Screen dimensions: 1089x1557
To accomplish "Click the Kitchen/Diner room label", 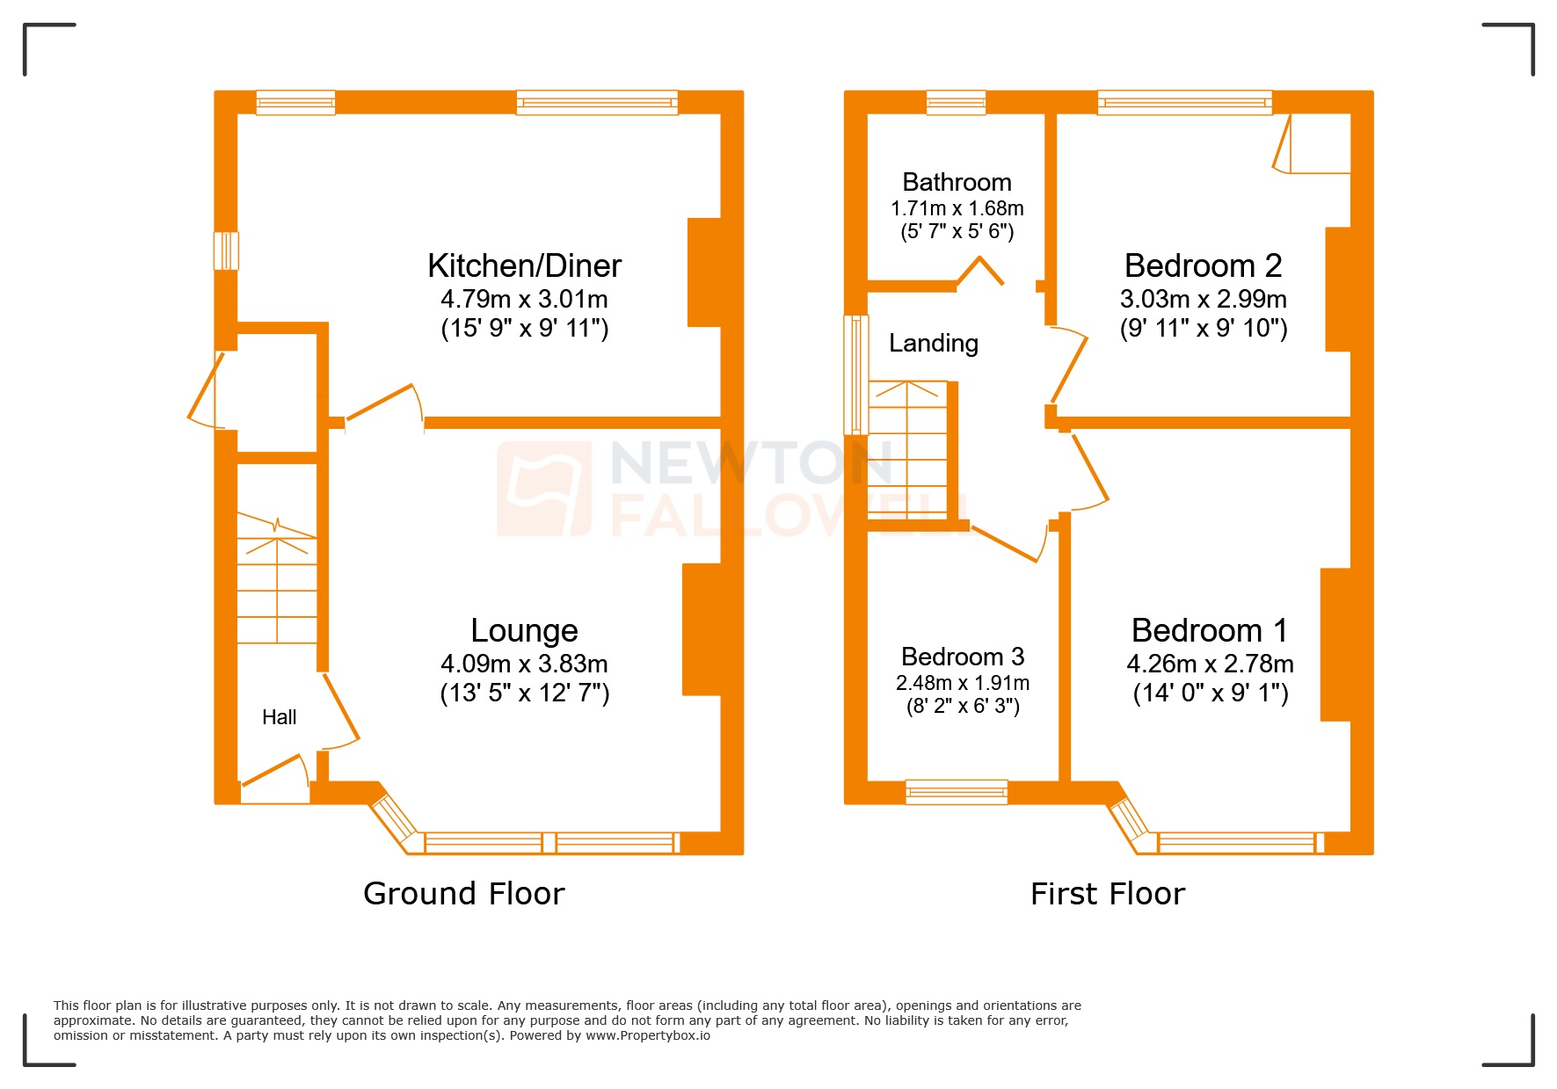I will (524, 265).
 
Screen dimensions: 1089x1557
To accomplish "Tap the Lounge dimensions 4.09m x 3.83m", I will (524, 664).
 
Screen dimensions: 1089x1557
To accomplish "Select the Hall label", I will (279, 717).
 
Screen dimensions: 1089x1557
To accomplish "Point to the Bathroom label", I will (957, 182).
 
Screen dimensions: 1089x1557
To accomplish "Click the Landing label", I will (933, 343).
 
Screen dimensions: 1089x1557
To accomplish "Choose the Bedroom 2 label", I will (1203, 265).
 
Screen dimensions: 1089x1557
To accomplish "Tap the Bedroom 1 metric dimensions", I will (1210, 664).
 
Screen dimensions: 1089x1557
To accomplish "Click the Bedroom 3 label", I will (963, 657).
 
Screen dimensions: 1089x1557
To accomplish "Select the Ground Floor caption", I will (463, 894).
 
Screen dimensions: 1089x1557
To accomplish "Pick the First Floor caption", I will (1108, 894).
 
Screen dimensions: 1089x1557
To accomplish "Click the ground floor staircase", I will (277, 580).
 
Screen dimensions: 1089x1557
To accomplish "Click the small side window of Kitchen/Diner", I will (226, 250).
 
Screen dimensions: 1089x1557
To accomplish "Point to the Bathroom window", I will (956, 103).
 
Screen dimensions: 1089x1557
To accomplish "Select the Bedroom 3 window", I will (957, 792).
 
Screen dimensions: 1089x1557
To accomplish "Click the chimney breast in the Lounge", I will (702, 629).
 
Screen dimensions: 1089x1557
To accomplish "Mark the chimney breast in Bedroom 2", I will (1337, 289).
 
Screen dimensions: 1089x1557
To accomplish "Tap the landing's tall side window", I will (855, 375).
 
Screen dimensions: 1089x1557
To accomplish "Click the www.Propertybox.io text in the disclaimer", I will (648, 1035).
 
